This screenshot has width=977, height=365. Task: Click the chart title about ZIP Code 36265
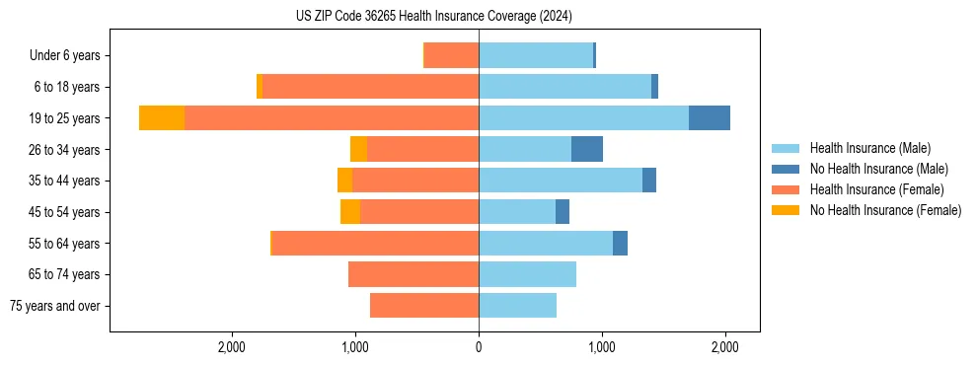(434, 16)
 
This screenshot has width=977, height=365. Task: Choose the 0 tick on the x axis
(479, 346)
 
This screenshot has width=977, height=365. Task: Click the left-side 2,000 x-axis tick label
(232, 346)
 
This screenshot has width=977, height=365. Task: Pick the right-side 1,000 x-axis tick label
(601, 346)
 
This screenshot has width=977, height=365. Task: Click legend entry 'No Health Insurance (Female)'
(885, 210)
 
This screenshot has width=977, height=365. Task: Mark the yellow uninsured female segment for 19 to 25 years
(162, 118)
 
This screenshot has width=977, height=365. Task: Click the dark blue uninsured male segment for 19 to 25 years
(709, 118)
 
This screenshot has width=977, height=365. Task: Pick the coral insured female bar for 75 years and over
(424, 306)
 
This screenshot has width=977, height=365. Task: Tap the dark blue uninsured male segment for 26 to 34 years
(586, 149)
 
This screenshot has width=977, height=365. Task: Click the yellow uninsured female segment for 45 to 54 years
(350, 212)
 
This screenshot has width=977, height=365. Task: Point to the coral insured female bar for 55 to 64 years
(375, 243)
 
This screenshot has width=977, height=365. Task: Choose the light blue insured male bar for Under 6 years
(536, 55)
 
